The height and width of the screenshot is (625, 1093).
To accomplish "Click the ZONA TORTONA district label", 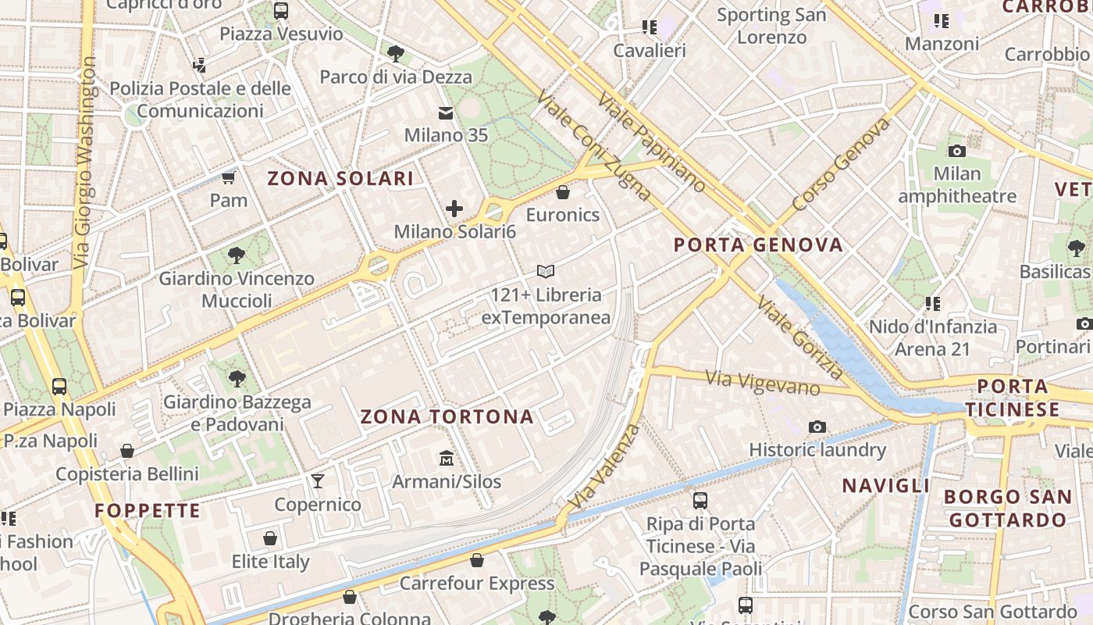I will click(447, 416).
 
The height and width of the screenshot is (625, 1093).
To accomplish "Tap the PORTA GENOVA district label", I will click(758, 245).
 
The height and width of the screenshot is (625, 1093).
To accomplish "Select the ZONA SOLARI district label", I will click(340, 178).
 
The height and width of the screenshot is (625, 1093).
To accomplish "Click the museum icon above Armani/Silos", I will click(447, 457).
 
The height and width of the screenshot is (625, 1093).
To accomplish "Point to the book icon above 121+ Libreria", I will click(546, 272).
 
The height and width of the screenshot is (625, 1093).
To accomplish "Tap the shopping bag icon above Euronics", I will click(563, 191).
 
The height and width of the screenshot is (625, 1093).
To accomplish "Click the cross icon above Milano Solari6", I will click(454, 209).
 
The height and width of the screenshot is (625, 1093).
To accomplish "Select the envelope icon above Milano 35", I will click(446, 114).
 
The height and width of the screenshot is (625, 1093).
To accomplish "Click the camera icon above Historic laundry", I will click(817, 427).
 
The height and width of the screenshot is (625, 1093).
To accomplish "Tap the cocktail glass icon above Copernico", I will click(318, 480).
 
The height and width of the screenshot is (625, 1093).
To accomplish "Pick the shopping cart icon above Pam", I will click(229, 178).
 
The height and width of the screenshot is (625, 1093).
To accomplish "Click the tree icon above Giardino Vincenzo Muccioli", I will click(237, 255).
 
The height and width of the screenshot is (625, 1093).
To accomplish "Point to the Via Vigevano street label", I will click(763, 383).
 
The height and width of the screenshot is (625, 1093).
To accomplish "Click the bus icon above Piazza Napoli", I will click(59, 386).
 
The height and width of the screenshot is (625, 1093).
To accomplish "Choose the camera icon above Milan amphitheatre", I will click(956, 151).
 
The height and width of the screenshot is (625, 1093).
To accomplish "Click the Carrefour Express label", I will click(476, 584).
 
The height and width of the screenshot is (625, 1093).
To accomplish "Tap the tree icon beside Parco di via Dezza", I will click(396, 53).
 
